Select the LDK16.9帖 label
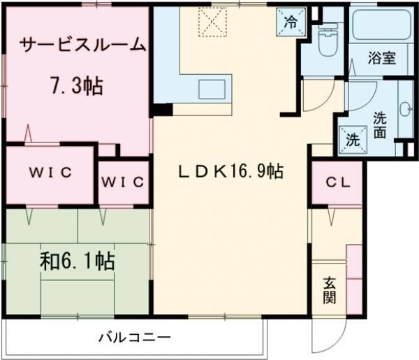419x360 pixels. tap(230, 172)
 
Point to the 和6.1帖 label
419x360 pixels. tap(77, 261)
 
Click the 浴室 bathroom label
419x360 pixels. tap(381, 57)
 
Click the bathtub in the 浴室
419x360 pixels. tap(380, 26)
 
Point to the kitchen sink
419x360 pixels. tap(210, 89)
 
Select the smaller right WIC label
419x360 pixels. tap(123, 182)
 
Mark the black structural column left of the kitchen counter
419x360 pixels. tap(162, 109)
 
